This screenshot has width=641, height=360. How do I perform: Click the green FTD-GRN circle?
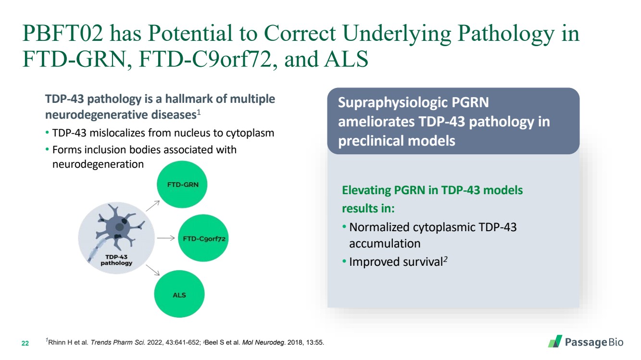click(182, 185)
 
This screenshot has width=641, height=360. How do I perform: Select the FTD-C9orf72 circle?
click(203, 238)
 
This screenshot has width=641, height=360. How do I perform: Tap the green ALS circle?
click(179, 294)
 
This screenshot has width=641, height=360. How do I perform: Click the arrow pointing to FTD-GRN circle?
click(152, 206)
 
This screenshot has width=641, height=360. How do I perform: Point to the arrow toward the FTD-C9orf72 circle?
click(166, 238)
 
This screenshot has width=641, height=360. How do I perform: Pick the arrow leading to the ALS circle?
click(152, 270)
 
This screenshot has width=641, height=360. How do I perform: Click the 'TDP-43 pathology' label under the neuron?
click(116, 260)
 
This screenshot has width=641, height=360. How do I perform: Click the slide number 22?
click(25, 343)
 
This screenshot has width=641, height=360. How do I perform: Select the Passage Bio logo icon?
click(555, 341)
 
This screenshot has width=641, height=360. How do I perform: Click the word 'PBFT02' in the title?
click(63, 34)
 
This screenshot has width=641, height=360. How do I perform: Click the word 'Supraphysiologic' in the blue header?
click(390, 103)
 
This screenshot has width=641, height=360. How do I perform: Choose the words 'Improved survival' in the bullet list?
click(396, 262)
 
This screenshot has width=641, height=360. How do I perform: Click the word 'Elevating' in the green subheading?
click(366, 190)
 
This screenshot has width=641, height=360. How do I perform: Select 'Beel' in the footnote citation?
click(211, 343)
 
